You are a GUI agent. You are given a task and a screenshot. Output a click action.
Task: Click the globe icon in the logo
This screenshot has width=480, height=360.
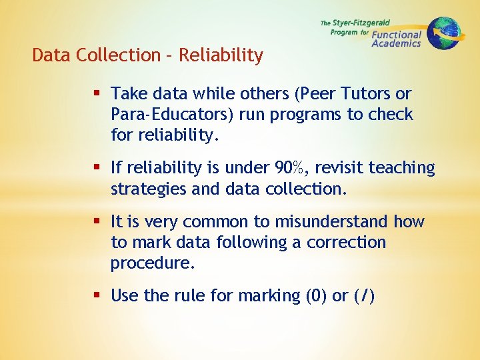[443, 33]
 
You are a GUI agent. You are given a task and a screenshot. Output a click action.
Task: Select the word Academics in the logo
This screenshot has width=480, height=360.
[396, 43]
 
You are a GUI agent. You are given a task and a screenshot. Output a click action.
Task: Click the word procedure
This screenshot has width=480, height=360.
[153, 263]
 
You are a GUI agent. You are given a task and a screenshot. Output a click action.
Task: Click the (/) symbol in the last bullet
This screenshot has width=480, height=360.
[364, 295]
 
